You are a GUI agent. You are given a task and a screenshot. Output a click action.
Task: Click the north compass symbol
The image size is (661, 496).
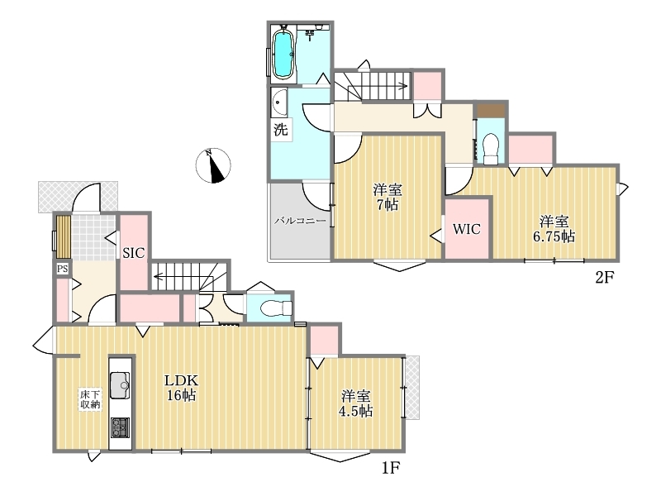(x=213, y=165)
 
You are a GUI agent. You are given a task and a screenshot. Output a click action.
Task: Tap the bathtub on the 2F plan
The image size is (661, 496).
(x=283, y=53)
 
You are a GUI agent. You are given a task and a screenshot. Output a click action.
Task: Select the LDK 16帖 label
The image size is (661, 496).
(x=181, y=388)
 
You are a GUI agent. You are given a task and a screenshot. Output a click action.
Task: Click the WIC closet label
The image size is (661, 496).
(x=467, y=229)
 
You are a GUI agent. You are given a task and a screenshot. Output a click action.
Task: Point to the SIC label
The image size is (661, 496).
(x=134, y=253)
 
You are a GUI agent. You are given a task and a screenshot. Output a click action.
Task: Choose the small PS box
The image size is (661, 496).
(x=63, y=269)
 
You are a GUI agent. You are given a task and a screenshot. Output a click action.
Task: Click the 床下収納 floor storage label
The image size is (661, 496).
(x=90, y=399)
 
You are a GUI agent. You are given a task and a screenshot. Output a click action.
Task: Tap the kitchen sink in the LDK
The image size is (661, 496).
(x=120, y=385)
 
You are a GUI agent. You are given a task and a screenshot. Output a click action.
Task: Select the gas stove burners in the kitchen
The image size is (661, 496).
(x=120, y=427)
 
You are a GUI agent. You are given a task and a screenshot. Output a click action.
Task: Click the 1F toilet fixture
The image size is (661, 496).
(x=276, y=308)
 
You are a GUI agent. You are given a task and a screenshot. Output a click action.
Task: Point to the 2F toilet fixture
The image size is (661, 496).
(x=491, y=149)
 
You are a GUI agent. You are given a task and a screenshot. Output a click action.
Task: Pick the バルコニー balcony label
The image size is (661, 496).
(x=300, y=221)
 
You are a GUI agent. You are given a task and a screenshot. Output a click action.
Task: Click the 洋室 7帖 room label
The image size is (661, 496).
(x=387, y=197)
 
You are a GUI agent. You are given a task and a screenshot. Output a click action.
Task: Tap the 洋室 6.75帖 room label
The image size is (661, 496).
(x=554, y=229)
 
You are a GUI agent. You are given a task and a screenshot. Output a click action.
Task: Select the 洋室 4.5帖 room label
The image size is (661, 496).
(x=356, y=403)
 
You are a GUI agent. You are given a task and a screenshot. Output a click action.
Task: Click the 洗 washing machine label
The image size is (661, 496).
(x=281, y=129)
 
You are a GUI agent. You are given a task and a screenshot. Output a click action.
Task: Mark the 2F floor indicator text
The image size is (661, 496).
(x=605, y=277)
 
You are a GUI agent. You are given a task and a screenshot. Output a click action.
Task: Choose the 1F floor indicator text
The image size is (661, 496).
(x=390, y=468)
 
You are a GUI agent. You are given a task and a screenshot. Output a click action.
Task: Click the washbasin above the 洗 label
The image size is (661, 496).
(x=279, y=103)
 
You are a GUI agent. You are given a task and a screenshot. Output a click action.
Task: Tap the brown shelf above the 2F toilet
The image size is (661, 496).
(x=491, y=111)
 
